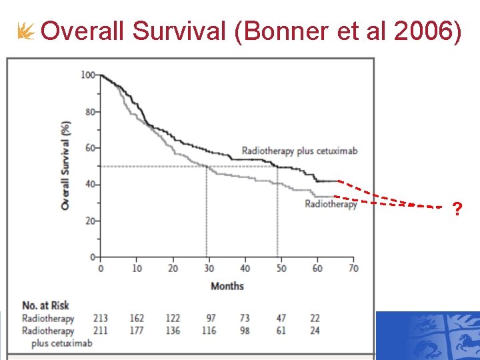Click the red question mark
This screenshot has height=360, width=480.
(x=457, y=210)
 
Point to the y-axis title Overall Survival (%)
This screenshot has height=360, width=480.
(x=65, y=166)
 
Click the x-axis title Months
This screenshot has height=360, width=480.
(x=227, y=286)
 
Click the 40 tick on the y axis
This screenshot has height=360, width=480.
(x=90, y=184)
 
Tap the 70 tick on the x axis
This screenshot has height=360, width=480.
(x=353, y=268)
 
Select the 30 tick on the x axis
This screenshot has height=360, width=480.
(x=209, y=268)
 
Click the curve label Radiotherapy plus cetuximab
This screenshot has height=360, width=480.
(x=299, y=151)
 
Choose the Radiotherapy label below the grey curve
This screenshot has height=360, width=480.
(x=331, y=204)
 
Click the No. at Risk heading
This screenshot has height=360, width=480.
(x=45, y=306)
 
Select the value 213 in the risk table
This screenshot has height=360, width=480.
(x=101, y=319)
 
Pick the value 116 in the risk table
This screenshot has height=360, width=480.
(x=209, y=331)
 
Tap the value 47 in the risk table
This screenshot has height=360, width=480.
(x=281, y=319)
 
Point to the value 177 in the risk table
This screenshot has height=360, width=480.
(x=137, y=331)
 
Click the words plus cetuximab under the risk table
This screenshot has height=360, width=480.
(x=62, y=343)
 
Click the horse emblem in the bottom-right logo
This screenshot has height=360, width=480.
(x=463, y=343)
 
